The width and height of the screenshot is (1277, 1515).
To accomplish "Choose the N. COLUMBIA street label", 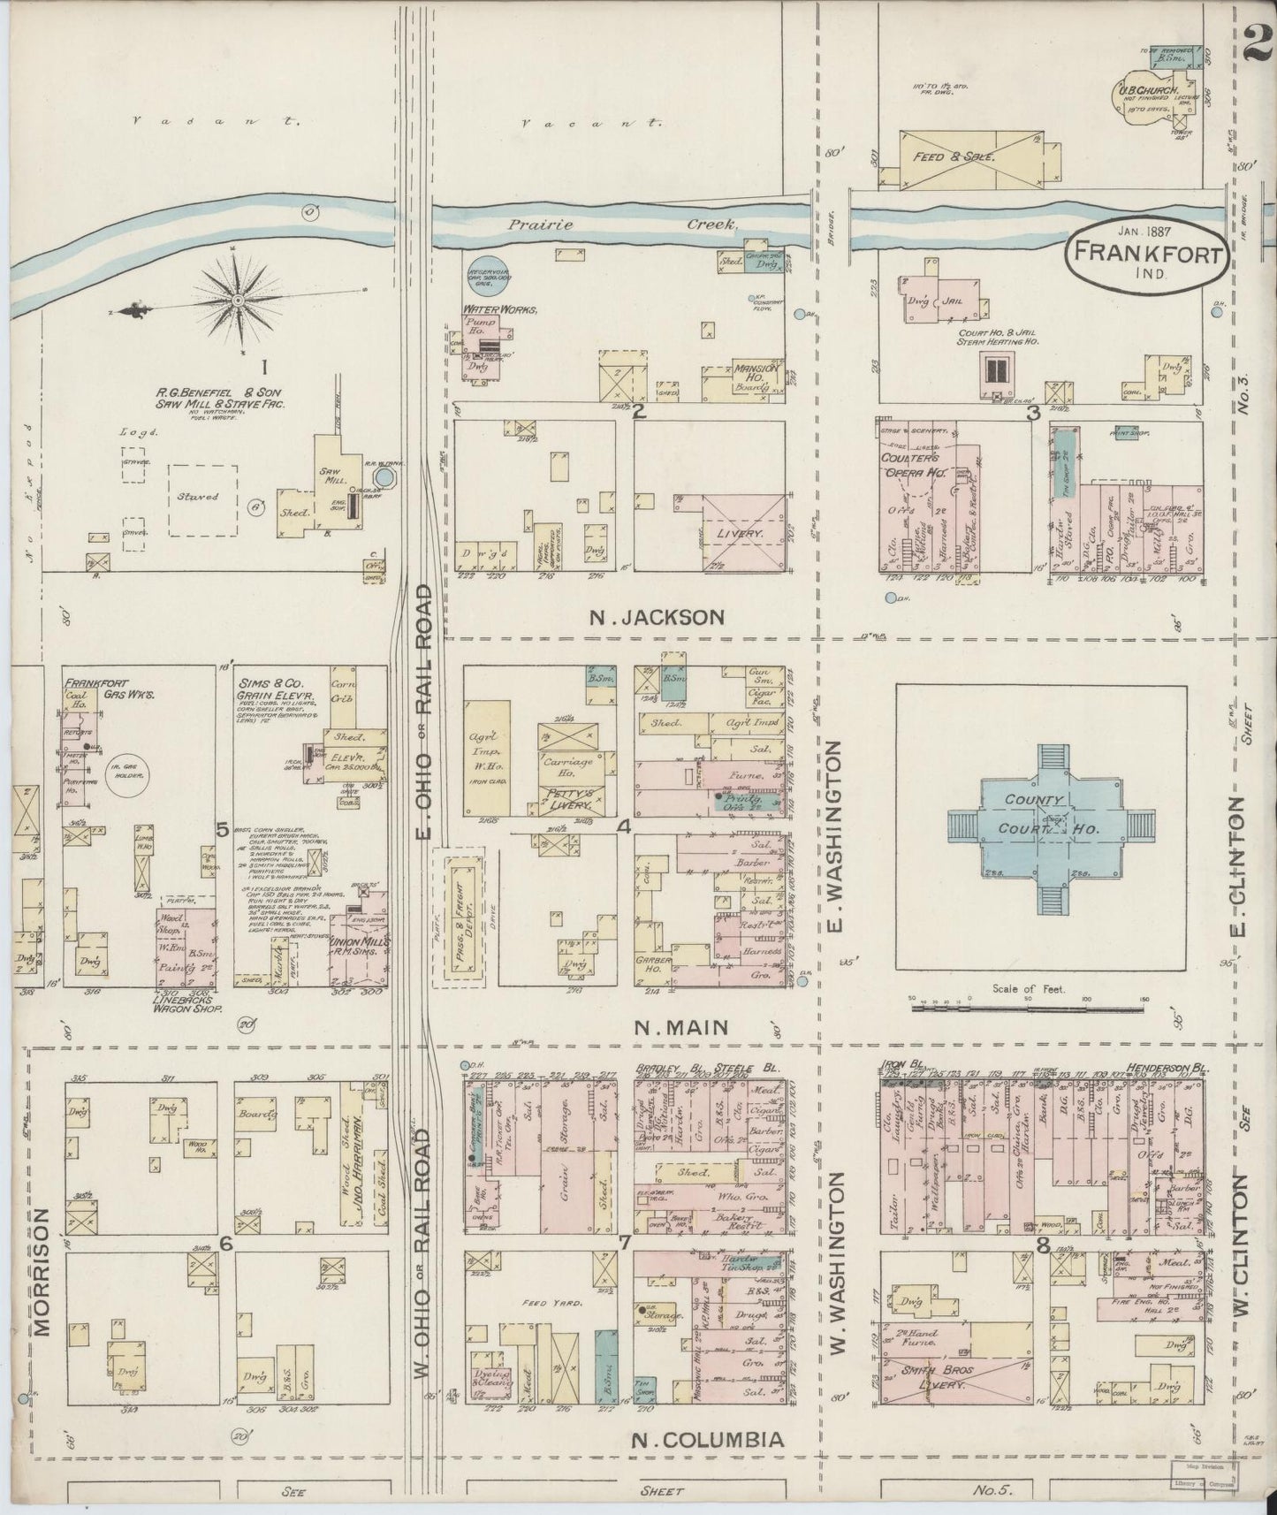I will click(707, 1440).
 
